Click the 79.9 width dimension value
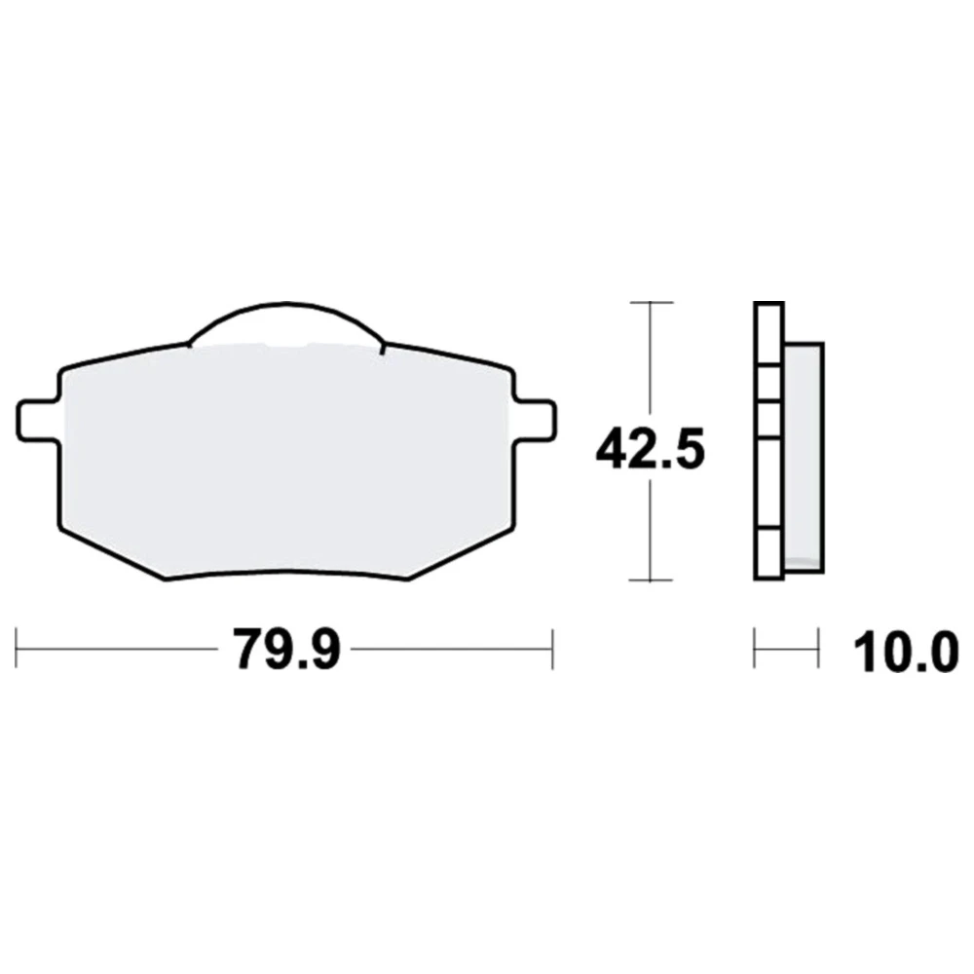[x=288, y=649]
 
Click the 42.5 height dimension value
[x=650, y=447]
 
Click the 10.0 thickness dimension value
[x=905, y=653]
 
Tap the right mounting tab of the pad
[x=536, y=421]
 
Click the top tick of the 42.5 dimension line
[x=651, y=303]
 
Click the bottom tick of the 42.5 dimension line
[x=651, y=581]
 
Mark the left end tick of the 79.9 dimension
[x=17, y=649]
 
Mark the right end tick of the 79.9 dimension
[x=552, y=649]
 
